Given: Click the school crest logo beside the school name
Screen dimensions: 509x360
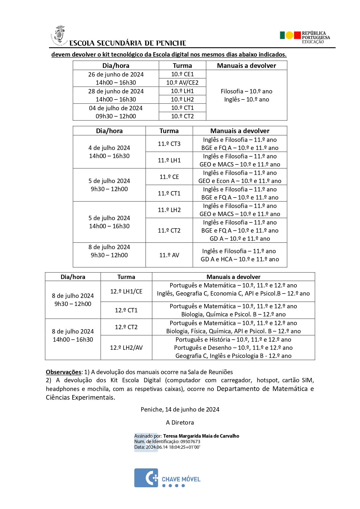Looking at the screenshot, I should point(59,35).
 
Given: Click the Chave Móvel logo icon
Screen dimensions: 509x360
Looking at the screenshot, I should point(146,478).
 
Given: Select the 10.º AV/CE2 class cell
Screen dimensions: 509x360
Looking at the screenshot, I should point(182,83).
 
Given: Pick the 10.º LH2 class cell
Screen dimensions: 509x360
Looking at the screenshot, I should point(182,99).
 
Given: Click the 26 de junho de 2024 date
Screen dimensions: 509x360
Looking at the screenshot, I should point(116,75).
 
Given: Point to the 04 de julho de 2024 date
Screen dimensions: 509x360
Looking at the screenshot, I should point(116,108).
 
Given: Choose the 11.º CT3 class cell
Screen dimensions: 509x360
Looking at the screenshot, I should point(169,144).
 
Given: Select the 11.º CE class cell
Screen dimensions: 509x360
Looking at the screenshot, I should point(169,177).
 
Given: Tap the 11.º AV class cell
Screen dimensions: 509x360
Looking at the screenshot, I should point(169,255).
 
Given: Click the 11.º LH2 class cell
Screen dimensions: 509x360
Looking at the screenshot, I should point(169,210).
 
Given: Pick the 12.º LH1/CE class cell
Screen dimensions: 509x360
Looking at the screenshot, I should point(126,291).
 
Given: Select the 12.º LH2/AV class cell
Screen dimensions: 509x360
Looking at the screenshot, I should point(126,348).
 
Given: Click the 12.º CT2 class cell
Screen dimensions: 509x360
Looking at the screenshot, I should point(126,327).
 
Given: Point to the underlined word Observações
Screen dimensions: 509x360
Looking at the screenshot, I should point(64,372).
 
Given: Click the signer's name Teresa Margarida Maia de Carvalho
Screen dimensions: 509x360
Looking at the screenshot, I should point(201,436).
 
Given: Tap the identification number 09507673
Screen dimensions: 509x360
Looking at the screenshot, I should point(190,442).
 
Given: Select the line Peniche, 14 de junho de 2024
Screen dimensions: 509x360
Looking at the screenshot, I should point(180,410).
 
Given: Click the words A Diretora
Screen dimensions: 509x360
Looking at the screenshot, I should point(180,423).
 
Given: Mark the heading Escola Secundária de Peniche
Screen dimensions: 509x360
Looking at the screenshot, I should point(128,43).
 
